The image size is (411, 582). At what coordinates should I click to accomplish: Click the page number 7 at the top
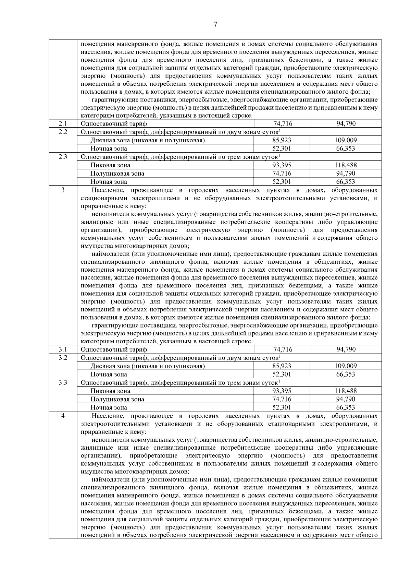pyautogui.click(x=215, y=25)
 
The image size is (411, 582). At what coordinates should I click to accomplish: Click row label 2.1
pyautogui.click(x=63, y=123)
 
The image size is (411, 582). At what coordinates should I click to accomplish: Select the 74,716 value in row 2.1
pyautogui.click(x=283, y=123)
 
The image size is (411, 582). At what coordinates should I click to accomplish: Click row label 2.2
pyautogui.click(x=63, y=132)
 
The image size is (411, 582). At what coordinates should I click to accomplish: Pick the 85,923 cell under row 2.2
pyautogui.click(x=282, y=140)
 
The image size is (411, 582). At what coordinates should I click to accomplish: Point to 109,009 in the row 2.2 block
pyautogui.click(x=346, y=140)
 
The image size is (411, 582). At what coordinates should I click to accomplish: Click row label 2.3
pyautogui.click(x=63, y=157)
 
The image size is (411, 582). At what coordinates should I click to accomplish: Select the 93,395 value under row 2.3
pyautogui.click(x=282, y=165)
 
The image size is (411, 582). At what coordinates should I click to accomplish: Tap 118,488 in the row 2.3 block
pyautogui.click(x=346, y=165)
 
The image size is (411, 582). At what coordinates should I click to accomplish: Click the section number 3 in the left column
pyautogui.click(x=63, y=190)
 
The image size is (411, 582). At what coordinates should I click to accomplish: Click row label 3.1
pyautogui.click(x=63, y=349)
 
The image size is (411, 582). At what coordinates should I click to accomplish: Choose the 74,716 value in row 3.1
pyautogui.click(x=283, y=349)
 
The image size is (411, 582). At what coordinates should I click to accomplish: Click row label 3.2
pyautogui.click(x=63, y=357)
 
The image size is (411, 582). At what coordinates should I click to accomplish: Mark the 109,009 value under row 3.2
pyautogui.click(x=346, y=366)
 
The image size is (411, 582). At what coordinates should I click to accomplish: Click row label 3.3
pyautogui.click(x=63, y=382)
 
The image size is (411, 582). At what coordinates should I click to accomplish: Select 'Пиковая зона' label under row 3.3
pyautogui.click(x=110, y=391)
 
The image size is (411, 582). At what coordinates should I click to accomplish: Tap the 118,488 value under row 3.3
pyautogui.click(x=346, y=391)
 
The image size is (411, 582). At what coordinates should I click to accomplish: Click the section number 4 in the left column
pyautogui.click(x=63, y=416)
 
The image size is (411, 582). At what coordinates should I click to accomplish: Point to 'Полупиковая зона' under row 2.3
pyautogui.click(x=117, y=174)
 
